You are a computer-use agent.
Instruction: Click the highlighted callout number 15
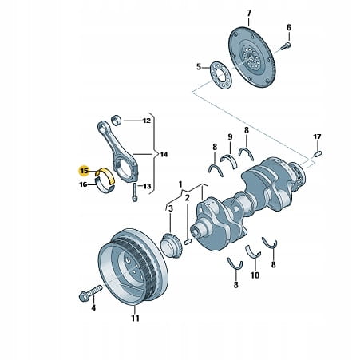(x=84, y=171)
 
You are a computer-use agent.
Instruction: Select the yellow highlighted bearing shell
(x=106, y=174)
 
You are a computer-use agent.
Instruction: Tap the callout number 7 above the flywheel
(x=248, y=13)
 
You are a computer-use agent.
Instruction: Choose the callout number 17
(x=317, y=136)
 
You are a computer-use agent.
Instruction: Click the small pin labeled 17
(x=318, y=153)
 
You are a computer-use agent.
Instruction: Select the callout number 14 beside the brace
(x=164, y=154)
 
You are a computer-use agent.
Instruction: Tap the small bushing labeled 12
(x=117, y=121)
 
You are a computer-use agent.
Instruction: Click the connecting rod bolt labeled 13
(x=135, y=192)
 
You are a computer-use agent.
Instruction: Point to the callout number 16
(x=83, y=184)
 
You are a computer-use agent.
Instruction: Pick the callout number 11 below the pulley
(x=135, y=318)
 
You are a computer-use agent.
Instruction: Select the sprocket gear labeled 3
(x=172, y=245)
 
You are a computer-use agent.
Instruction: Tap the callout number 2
(x=187, y=198)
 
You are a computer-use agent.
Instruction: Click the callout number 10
(x=255, y=275)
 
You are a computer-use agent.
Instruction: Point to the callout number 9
(x=230, y=137)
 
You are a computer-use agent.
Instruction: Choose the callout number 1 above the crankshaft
(x=180, y=184)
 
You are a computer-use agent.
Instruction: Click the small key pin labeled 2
(x=188, y=242)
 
